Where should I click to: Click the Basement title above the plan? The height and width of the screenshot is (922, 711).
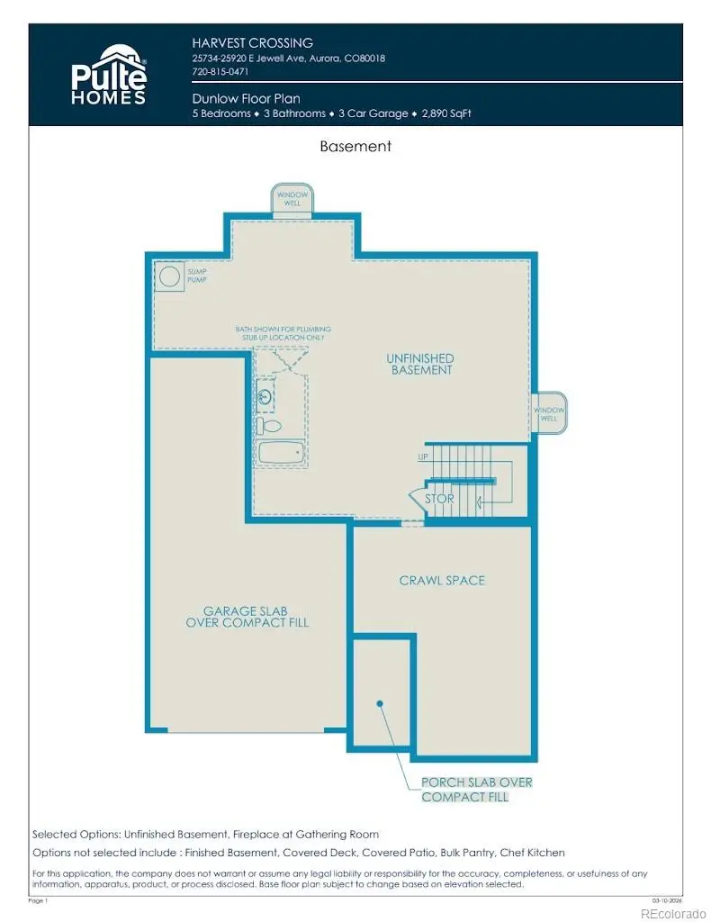355,146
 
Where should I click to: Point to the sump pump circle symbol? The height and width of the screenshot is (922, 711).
168,276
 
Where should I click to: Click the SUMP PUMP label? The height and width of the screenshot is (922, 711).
196,276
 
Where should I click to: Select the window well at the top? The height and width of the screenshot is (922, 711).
292,199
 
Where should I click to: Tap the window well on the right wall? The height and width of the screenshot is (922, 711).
547,413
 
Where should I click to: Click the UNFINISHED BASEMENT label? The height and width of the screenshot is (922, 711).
420,364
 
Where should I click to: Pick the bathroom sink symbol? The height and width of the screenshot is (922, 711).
265,395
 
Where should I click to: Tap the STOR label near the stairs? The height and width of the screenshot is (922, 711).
439,498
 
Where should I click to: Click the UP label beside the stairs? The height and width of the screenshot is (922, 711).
422,457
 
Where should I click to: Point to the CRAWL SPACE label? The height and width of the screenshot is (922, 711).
442,581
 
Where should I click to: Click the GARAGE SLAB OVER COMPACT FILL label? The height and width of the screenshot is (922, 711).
247,617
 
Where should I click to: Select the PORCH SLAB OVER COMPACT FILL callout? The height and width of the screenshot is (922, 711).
464,790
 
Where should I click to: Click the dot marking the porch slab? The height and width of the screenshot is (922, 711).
381,703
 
